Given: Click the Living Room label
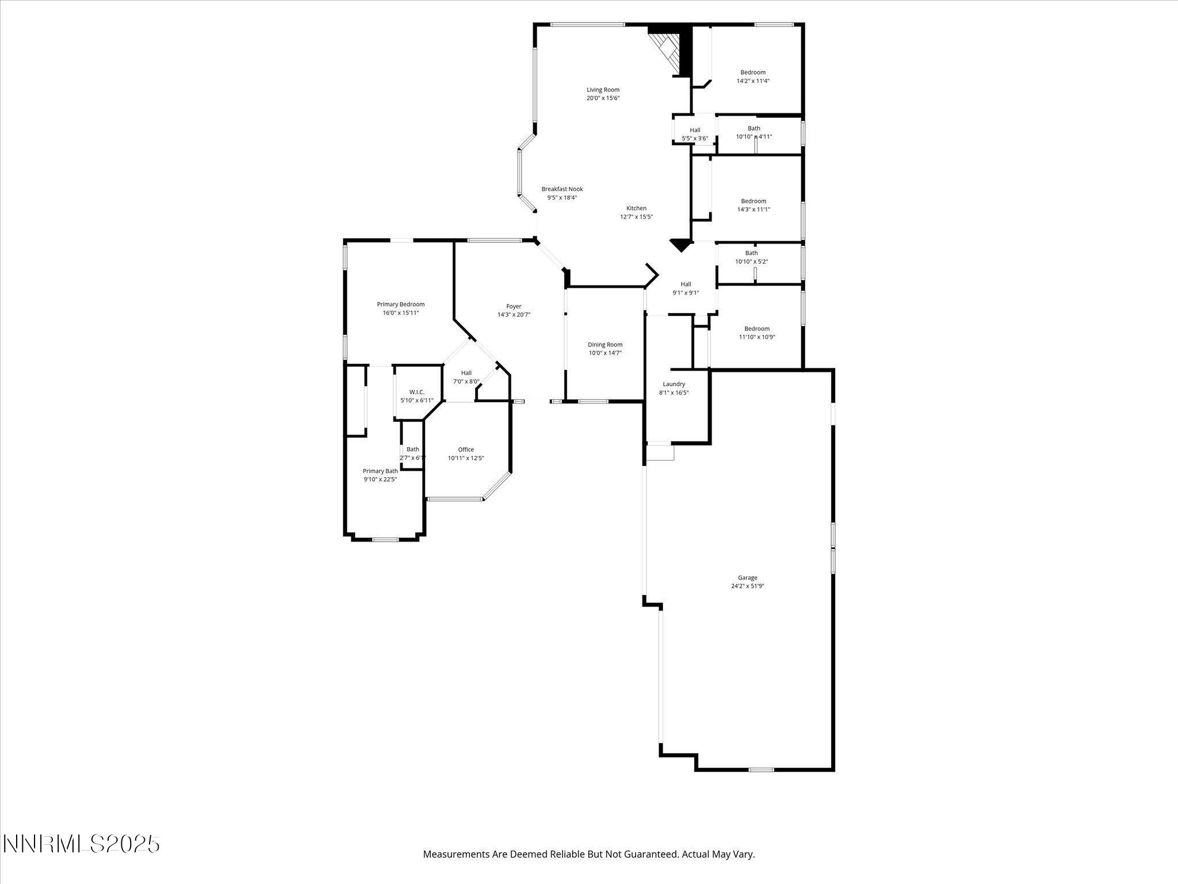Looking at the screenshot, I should coord(603,90).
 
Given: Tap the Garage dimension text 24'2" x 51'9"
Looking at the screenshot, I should coord(747,586).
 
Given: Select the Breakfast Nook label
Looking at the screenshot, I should coord(562,189).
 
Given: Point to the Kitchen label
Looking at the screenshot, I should coord(636,208).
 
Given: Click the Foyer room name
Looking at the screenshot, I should coord(514,306).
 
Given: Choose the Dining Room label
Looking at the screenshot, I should coord(605,345).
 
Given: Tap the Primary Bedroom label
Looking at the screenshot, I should coord(401,304).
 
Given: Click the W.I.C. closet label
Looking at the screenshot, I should coord(417,392).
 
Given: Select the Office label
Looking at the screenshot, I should coord(466,449).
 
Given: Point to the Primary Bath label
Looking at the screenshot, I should coord(380,471).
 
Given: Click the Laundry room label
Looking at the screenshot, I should coord(674,384).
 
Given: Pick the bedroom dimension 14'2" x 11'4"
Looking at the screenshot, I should coord(753,81).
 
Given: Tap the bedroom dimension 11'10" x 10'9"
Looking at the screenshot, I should coord(757,337).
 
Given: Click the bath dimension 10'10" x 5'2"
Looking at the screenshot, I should coord(751,261).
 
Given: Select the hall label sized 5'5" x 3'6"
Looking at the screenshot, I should coord(695,130).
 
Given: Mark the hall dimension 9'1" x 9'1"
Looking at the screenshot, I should coord(686,292).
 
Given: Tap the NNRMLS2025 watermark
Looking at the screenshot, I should coord(81,844).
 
